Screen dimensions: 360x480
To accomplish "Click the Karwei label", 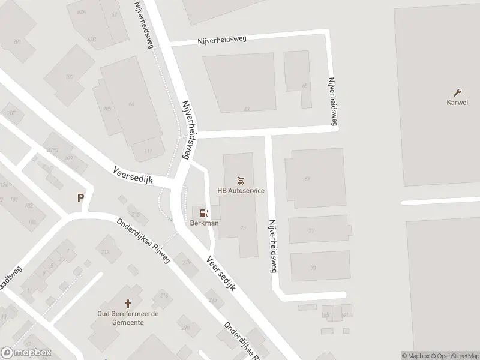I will pyautogui.click(x=457, y=102).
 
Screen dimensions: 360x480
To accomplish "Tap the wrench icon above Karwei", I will pyautogui.click(x=457, y=92).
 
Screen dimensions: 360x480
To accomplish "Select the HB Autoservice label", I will pyautogui.click(x=241, y=191).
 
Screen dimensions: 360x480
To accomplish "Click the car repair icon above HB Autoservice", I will pyautogui.click(x=241, y=180).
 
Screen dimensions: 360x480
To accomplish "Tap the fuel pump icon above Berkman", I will pyautogui.click(x=204, y=213).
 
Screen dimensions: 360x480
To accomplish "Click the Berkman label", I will pyautogui.click(x=204, y=223).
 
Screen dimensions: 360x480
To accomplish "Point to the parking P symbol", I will pyautogui.click(x=80, y=197).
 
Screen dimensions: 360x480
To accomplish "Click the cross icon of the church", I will pyautogui.click(x=128, y=304).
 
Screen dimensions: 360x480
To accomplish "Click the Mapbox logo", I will pyautogui.click(x=26, y=353).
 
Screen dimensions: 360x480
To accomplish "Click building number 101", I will pyautogui.click(x=17, y=41).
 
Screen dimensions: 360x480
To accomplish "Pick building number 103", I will pyautogui.click(x=70, y=77).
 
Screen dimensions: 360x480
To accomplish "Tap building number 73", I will pyautogui.click(x=313, y=268).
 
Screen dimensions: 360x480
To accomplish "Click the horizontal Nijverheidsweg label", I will pyautogui.click(x=222, y=39).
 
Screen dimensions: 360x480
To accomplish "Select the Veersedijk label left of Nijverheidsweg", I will pyautogui.click(x=134, y=175).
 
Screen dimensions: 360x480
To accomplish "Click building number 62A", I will pyautogui.click(x=81, y=11).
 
